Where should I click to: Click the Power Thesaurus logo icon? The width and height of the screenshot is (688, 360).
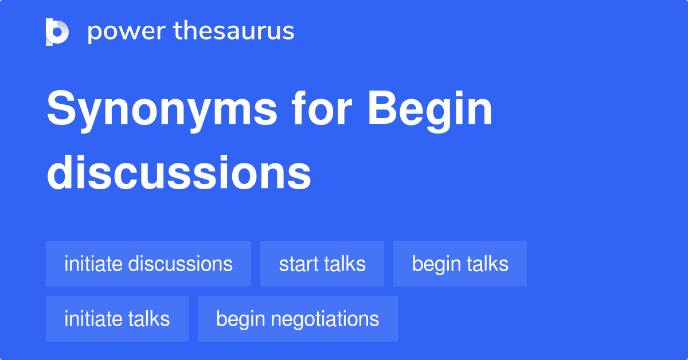[57, 32]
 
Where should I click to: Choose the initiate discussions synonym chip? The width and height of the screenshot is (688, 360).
[148, 264]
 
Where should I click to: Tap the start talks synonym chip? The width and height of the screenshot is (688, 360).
[322, 264]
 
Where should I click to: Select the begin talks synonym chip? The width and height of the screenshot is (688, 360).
[460, 264]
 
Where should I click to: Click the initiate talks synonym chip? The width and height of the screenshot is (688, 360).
[117, 319]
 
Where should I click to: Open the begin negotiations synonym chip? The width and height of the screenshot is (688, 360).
[298, 319]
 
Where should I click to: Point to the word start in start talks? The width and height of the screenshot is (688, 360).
[299, 264]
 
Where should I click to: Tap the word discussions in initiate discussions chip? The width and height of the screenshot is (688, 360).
[180, 264]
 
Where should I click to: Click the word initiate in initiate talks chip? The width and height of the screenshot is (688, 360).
[93, 319]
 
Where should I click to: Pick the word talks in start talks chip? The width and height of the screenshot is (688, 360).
[345, 264]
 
